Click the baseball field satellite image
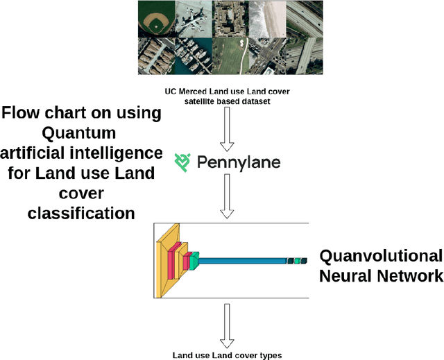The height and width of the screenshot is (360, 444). pyautogui.click(x=155, y=19)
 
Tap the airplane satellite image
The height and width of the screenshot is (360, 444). pyautogui.click(x=193, y=19)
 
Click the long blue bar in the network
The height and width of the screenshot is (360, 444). pyautogui.click(x=243, y=260)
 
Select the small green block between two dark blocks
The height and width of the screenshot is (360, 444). pyautogui.click(x=297, y=261)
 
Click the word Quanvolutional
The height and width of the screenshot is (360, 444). pyautogui.click(x=380, y=255)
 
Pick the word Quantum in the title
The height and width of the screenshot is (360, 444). pyautogui.click(x=82, y=132)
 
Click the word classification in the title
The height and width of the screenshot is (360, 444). pyautogui.click(x=82, y=212)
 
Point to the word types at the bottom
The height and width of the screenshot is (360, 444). pyautogui.click(x=268, y=354)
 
